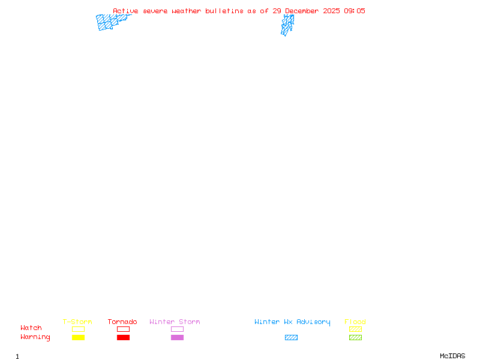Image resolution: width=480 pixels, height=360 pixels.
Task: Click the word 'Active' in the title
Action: pos(125,11)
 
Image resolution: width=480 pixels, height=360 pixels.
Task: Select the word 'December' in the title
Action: pos(302,11)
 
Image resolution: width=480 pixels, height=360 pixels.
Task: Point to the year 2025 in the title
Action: pos(331,11)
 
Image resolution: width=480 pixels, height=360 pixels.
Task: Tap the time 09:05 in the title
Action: pos(355,11)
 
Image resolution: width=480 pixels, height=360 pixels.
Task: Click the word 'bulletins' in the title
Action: pos(224,11)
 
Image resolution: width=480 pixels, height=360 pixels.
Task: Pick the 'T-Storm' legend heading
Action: pos(77,322)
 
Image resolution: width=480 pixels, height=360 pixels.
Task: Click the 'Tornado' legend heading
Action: pos(122,322)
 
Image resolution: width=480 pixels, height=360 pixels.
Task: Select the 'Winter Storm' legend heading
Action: pos(175,322)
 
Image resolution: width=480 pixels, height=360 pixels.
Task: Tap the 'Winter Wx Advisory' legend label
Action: pos(292,322)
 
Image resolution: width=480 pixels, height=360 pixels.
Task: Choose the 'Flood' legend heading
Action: pos(355,322)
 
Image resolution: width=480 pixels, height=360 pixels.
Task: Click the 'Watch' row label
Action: pos(31,328)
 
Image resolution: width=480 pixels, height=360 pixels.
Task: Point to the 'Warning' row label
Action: pos(35,337)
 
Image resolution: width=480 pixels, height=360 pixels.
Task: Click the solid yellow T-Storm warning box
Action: pos(79,337)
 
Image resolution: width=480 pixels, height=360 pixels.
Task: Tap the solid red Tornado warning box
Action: pos(124,337)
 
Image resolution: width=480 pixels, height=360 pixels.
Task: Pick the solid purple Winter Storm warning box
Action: pos(177,337)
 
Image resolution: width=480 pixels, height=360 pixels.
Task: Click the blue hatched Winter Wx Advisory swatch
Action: pos(291,337)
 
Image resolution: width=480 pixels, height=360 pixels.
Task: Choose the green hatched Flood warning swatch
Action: pos(355,337)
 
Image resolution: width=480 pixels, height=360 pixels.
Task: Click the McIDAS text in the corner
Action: pos(452,356)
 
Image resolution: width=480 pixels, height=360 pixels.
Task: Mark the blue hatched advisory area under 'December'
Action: pos(287,25)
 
